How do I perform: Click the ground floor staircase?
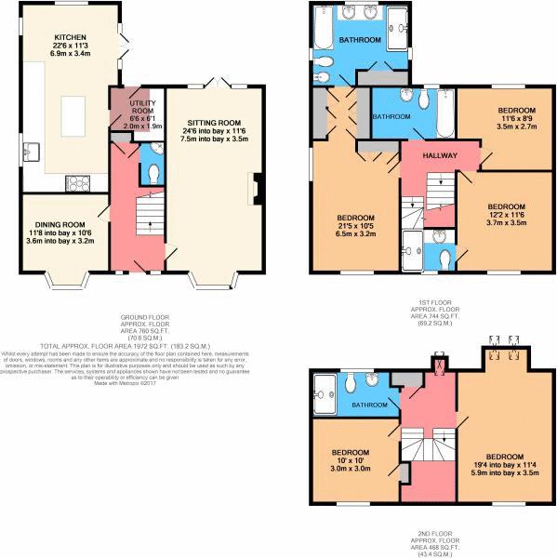pos(141,219)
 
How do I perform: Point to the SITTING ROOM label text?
pos(215,123)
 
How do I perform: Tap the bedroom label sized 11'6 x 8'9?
pos(509,111)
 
